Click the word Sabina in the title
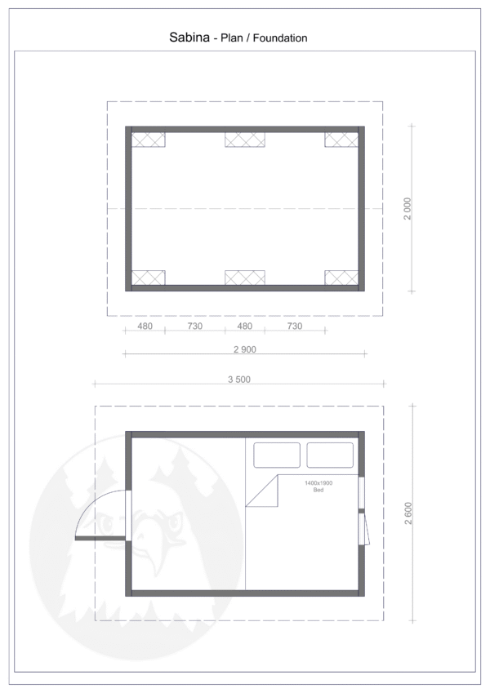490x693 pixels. pyautogui.click(x=189, y=37)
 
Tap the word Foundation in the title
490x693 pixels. pyautogui.click(x=280, y=38)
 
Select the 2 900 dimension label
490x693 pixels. pyautogui.click(x=245, y=349)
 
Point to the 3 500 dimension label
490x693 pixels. pyautogui.click(x=239, y=380)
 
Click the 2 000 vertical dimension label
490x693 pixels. pyautogui.click(x=408, y=209)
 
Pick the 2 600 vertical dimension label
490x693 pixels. pyautogui.click(x=408, y=513)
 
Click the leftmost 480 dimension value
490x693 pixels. pyautogui.click(x=145, y=327)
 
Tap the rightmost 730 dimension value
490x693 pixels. pyautogui.click(x=295, y=327)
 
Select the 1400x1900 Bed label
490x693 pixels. pyautogui.click(x=318, y=486)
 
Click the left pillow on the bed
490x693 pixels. pyautogui.click(x=277, y=455)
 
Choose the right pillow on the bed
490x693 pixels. pyautogui.click(x=330, y=455)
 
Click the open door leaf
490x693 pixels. pyautogui.click(x=100, y=538)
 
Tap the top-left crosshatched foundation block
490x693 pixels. pyautogui.click(x=149, y=140)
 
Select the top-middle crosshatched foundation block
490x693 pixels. pyautogui.click(x=245, y=140)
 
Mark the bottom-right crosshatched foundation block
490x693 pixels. pyautogui.click(x=341, y=278)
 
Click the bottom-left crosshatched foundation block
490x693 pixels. pyautogui.click(x=149, y=278)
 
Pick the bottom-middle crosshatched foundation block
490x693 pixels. pyautogui.click(x=245, y=278)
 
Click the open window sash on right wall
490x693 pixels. pyautogui.click(x=364, y=529)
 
